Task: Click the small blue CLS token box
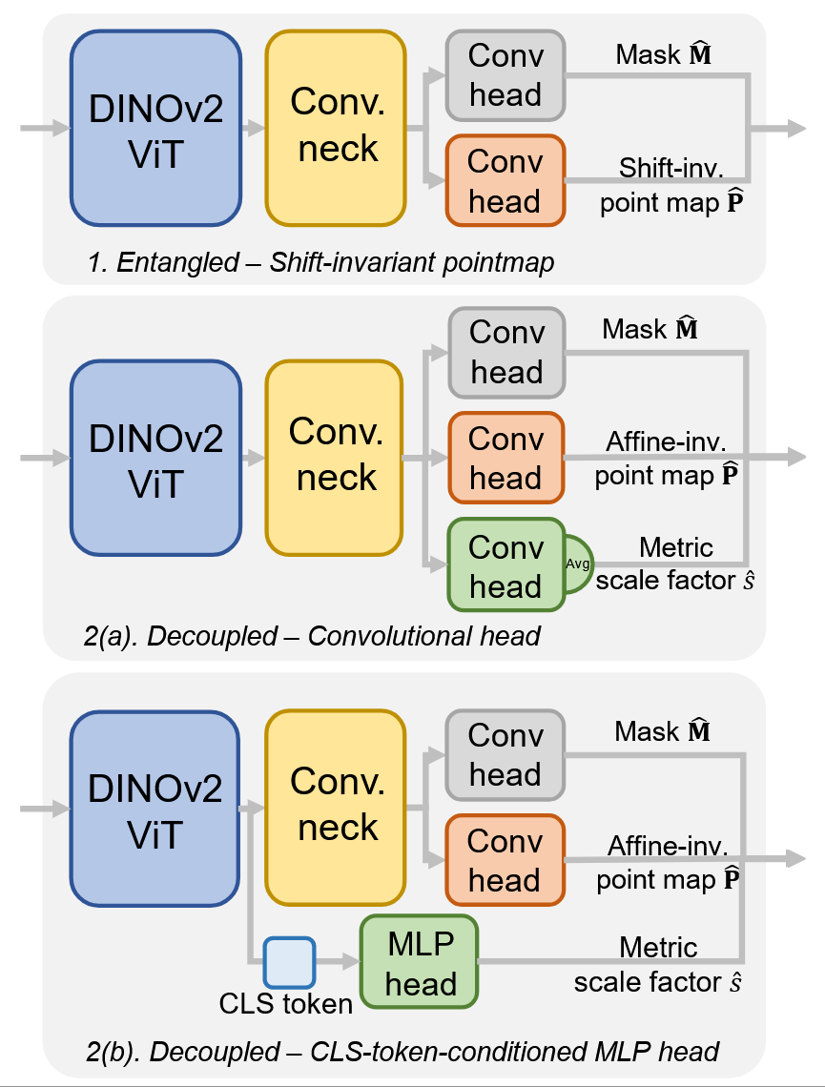click(x=290, y=962)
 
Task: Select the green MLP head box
click(x=420, y=961)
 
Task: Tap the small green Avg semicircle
click(x=579, y=564)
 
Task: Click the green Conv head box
click(x=506, y=565)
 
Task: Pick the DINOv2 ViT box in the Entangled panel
click(x=156, y=129)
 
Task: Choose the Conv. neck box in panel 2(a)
click(x=335, y=458)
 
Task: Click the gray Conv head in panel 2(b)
click(x=505, y=754)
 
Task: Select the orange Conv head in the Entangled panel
click(x=505, y=181)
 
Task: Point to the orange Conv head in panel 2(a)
click(x=506, y=458)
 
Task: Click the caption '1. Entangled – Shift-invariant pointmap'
click(x=321, y=262)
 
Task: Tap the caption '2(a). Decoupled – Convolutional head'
click(x=312, y=636)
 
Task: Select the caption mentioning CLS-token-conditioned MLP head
click(x=402, y=1052)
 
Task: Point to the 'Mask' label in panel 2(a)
click(x=650, y=329)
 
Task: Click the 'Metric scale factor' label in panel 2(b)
click(x=658, y=965)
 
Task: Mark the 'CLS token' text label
click(x=285, y=1003)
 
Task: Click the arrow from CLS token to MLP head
click(x=338, y=961)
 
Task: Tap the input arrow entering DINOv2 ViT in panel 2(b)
click(x=45, y=809)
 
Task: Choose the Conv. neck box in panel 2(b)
click(x=336, y=807)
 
